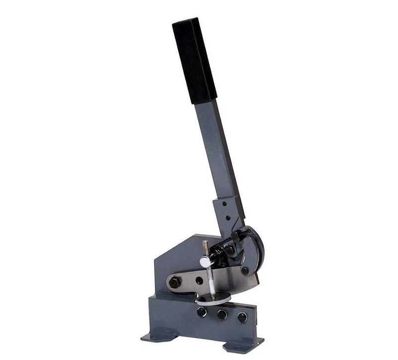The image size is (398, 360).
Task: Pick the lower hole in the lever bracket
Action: pos(228,217)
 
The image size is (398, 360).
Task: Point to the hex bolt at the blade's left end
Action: pos(175,282)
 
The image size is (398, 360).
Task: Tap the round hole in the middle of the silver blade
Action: pos(199,280)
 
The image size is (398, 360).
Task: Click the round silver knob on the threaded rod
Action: pos(205,262)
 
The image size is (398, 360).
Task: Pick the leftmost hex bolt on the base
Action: pos(202,312)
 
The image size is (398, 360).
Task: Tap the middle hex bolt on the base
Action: pos(222,315)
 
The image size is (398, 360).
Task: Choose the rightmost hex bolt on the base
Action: pos(242,317)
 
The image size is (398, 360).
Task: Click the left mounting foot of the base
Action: pos(158,337)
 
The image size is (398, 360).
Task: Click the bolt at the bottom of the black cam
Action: pos(245,270)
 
